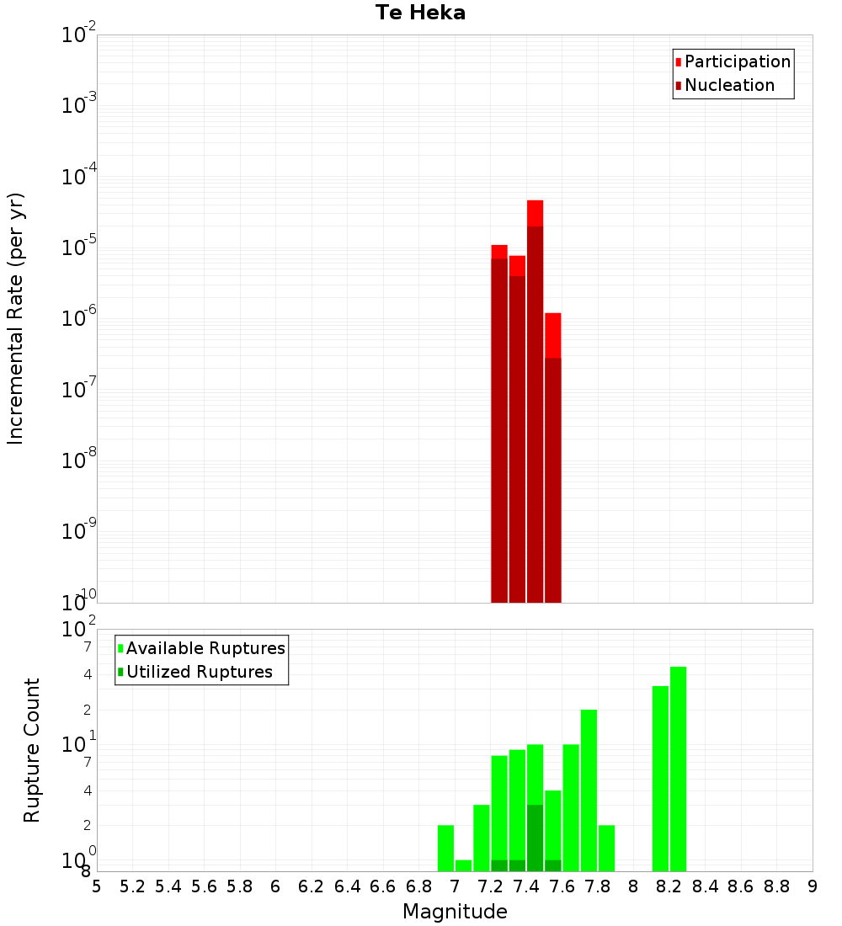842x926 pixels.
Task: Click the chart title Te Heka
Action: click(x=420, y=13)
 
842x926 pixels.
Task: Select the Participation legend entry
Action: click(x=737, y=61)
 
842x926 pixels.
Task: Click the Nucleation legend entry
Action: click(x=729, y=85)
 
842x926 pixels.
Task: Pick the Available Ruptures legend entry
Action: click(x=205, y=648)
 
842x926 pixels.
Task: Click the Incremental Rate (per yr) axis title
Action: click(x=15, y=318)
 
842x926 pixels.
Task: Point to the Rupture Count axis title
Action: click(x=32, y=750)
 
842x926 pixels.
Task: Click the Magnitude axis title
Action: click(x=455, y=912)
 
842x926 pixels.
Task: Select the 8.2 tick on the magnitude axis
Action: click(x=670, y=886)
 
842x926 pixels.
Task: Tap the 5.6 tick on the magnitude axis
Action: click(x=204, y=886)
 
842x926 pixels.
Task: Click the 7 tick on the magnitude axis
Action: click(x=455, y=886)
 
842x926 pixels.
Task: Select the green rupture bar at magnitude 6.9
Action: click(x=445, y=848)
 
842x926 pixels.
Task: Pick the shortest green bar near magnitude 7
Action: click(x=463, y=865)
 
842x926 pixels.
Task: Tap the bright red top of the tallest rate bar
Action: click(x=535, y=213)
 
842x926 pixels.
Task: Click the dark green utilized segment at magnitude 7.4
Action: click(x=535, y=837)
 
